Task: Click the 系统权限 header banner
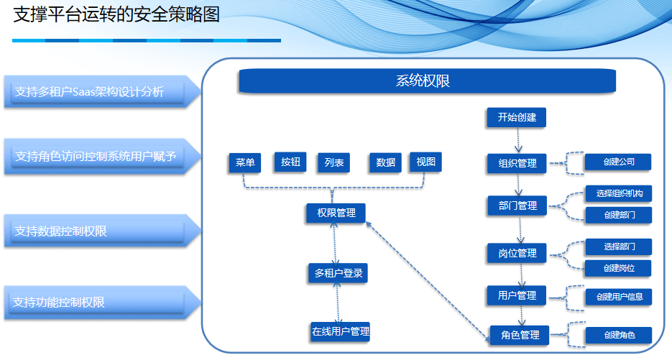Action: click(427, 80)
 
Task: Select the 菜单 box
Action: click(244, 162)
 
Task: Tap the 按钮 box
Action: click(290, 162)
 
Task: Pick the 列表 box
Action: click(334, 162)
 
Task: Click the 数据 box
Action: click(385, 162)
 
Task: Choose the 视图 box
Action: click(425, 162)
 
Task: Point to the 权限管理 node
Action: click(336, 213)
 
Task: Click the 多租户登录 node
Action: click(338, 273)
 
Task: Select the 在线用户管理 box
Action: click(340, 332)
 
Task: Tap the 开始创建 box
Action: click(517, 117)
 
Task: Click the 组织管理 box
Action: click(517, 163)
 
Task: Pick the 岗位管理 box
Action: click(517, 253)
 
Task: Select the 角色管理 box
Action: click(520, 335)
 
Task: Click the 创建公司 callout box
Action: click(618, 162)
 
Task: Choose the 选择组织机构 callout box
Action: click(619, 194)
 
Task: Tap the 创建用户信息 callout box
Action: click(619, 297)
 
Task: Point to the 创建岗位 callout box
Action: click(618, 268)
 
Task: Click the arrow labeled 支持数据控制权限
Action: click(102, 231)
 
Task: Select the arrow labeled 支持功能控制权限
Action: click(102, 303)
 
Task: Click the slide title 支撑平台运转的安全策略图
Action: click(116, 14)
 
